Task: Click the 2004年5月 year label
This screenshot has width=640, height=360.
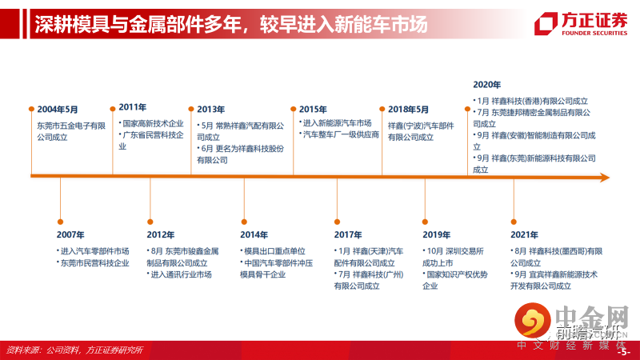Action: click(x=58, y=109)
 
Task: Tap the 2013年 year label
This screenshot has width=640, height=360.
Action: click(x=210, y=109)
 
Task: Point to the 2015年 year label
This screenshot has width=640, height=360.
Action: click(x=313, y=109)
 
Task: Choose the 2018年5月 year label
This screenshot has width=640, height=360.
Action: click(x=408, y=109)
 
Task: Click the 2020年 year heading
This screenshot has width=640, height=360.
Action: click(x=486, y=84)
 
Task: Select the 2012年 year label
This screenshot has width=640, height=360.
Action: click(x=161, y=234)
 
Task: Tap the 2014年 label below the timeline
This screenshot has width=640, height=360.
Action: click(x=254, y=234)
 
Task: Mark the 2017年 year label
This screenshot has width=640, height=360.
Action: click(x=348, y=234)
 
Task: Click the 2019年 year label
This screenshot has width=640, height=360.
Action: click(x=437, y=234)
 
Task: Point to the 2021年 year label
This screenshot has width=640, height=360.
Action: click(x=524, y=234)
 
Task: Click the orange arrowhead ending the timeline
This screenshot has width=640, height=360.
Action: click(x=604, y=176)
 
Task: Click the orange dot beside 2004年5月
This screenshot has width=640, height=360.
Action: click(x=31, y=109)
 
